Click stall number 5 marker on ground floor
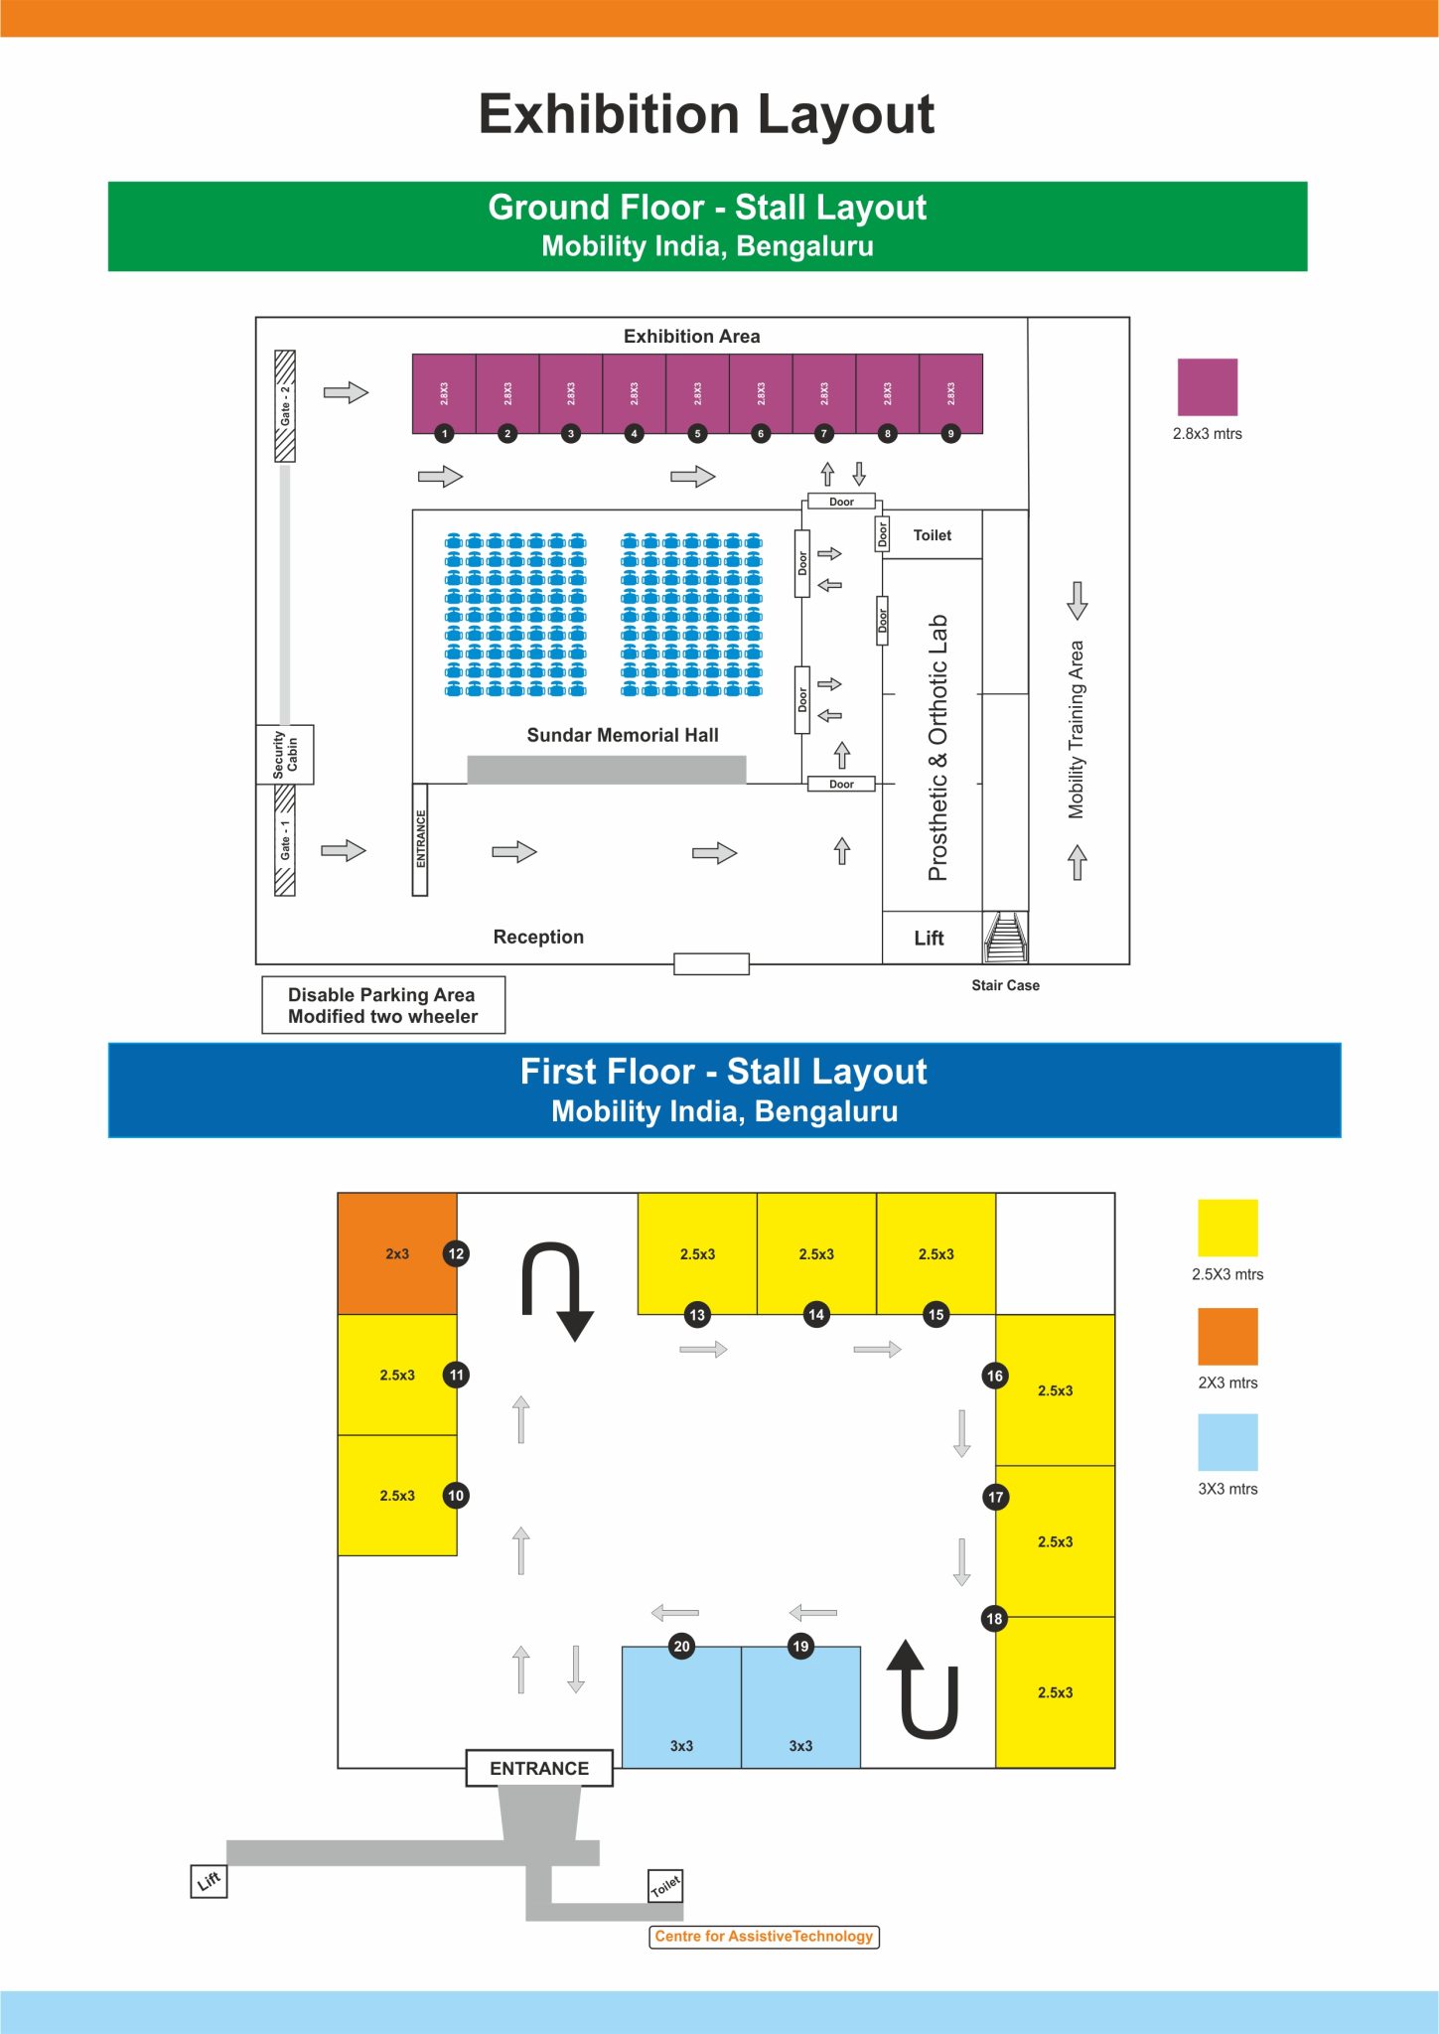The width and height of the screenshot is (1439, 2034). [x=697, y=433]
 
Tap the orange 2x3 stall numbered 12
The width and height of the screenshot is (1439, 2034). [x=397, y=1253]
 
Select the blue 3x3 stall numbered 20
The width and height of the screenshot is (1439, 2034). [x=681, y=1707]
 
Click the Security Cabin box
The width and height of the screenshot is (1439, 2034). [x=285, y=755]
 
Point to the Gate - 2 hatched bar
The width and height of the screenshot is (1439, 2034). [x=285, y=406]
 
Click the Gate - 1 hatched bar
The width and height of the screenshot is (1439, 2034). [x=285, y=840]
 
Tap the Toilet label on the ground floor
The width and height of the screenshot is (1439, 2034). [x=933, y=535]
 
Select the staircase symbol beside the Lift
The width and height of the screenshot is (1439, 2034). [x=1006, y=937]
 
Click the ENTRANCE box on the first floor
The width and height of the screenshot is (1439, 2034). [x=539, y=1768]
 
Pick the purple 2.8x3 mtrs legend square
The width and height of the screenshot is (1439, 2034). [x=1208, y=387]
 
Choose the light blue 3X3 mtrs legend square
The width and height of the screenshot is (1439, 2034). [x=1227, y=1442]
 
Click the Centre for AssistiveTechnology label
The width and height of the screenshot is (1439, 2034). [x=764, y=1937]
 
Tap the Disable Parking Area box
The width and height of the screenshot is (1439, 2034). [x=383, y=1005]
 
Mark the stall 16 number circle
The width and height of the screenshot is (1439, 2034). [x=995, y=1376]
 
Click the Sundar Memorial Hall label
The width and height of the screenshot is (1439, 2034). [x=623, y=735]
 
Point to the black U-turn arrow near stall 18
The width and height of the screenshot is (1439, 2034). [x=924, y=1689]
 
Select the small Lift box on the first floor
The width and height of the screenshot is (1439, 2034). [x=209, y=1881]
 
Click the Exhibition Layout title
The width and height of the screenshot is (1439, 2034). [x=707, y=114]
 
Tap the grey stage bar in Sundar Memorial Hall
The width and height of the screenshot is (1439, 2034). [x=607, y=770]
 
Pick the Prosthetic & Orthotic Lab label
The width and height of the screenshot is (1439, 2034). [x=937, y=748]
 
